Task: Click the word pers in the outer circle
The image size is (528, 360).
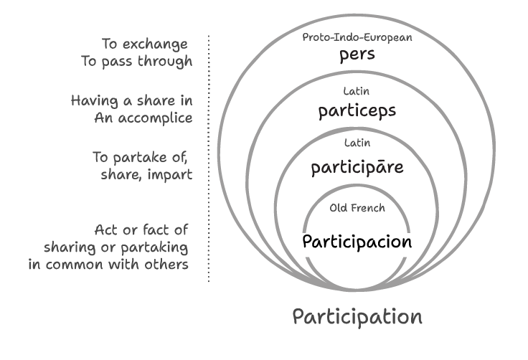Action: (x=357, y=56)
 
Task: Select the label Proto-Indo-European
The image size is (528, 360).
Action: (x=357, y=37)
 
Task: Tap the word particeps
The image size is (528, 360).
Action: (x=357, y=112)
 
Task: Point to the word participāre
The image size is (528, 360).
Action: (x=357, y=168)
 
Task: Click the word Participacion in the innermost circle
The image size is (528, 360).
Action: (x=357, y=241)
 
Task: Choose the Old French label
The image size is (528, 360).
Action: (x=357, y=208)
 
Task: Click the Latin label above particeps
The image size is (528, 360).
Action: (x=357, y=91)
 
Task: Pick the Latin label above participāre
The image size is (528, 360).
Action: (x=357, y=143)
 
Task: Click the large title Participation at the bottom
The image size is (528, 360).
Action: (x=357, y=316)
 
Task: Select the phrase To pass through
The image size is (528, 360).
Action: (x=137, y=61)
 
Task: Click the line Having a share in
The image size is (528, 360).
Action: (x=131, y=100)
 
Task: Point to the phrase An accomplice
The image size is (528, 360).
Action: (x=143, y=118)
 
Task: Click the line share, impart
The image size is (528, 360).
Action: (x=146, y=174)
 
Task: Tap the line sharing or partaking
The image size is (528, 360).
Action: (x=116, y=247)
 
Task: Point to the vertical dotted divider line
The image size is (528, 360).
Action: (x=209, y=158)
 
